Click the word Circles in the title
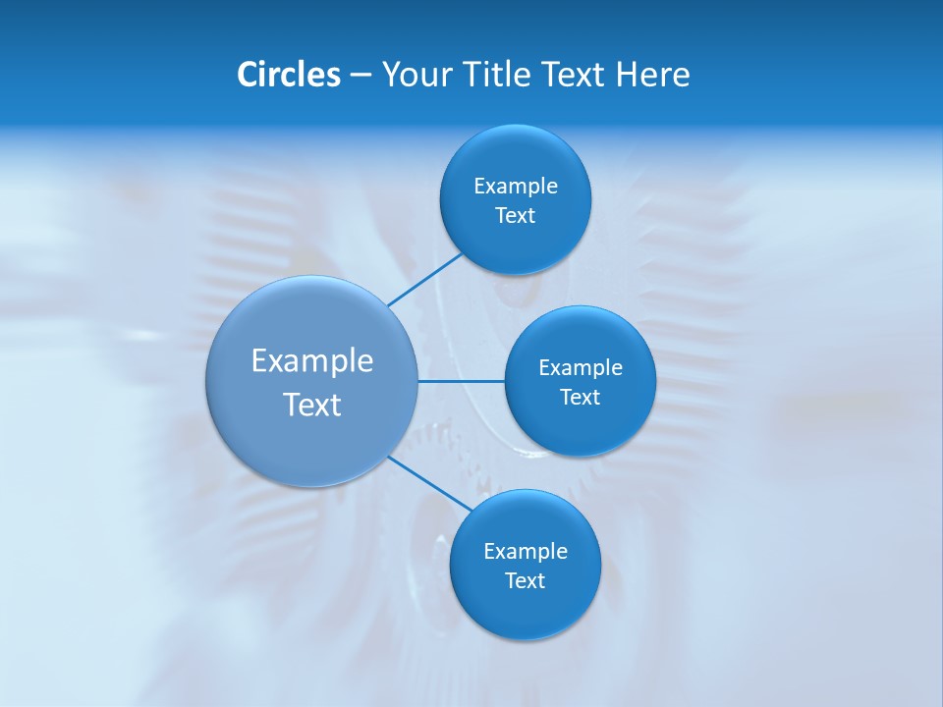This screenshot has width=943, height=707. tap(288, 75)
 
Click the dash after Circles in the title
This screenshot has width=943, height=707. tap(361, 76)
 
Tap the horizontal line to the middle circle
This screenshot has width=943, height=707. tap(462, 381)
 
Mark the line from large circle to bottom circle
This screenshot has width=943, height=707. tap(430, 484)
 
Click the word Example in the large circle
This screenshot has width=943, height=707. tap(312, 360)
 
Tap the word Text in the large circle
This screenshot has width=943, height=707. tap(312, 405)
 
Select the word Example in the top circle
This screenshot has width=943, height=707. tap(515, 186)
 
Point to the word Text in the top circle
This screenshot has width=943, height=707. tap(515, 215)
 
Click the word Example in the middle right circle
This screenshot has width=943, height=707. tap(580, 367)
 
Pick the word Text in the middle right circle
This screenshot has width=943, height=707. tap(580, 397)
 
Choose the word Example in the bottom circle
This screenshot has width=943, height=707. tap(525, 551)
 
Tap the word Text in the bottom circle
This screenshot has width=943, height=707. tap(525, 580)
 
